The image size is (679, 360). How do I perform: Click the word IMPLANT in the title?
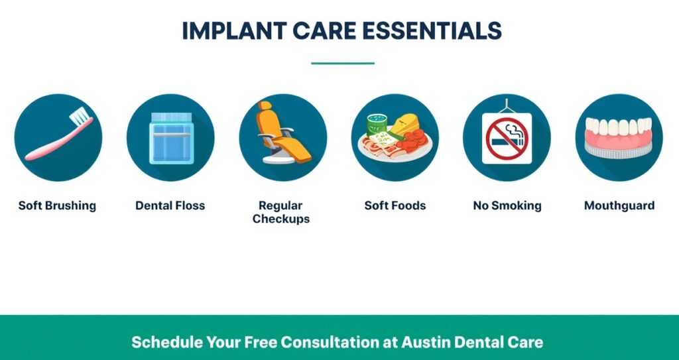click(x=234, y=30)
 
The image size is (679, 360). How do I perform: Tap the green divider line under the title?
click(x=343, y=63)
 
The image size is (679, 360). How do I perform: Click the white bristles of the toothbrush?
click(x=80, y=115)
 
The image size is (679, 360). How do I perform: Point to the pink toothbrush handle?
click(x=56, y=140)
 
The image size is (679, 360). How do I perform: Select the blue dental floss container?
click(x=171, y=138)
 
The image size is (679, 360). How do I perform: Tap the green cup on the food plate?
click(x=377, y=125)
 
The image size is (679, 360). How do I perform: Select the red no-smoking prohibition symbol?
click(x=507, y=139)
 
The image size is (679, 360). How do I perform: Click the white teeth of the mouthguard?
click(x=619, y=127)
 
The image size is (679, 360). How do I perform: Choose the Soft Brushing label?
click(x=57, y=206)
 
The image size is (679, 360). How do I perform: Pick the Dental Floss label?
click(x=170, y=206)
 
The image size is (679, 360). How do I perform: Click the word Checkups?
click(x=281, y=219)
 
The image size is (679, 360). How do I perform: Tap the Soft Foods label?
click(x=395, y=206)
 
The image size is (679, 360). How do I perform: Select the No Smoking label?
click(x=507, y=206)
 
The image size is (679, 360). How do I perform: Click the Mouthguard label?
click(x=619, y=206)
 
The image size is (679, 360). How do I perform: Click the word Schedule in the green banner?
click(x=166, y=342)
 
